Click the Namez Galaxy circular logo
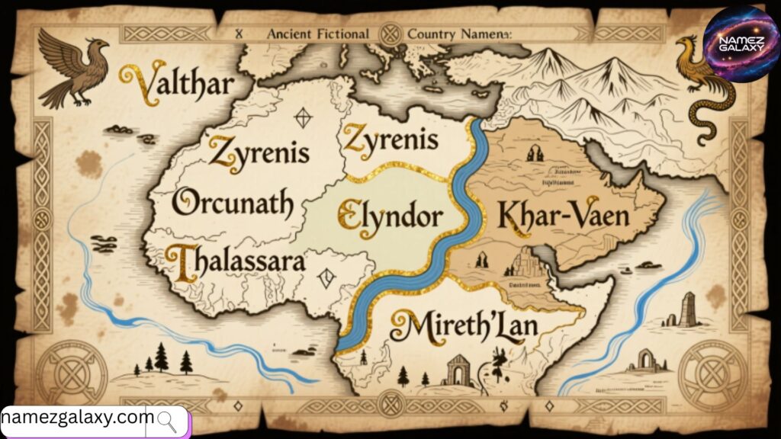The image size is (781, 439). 740,43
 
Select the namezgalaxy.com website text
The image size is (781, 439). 78,418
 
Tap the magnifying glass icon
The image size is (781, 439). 167,421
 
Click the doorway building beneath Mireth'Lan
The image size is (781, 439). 457,370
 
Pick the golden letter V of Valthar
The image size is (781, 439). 137,82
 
